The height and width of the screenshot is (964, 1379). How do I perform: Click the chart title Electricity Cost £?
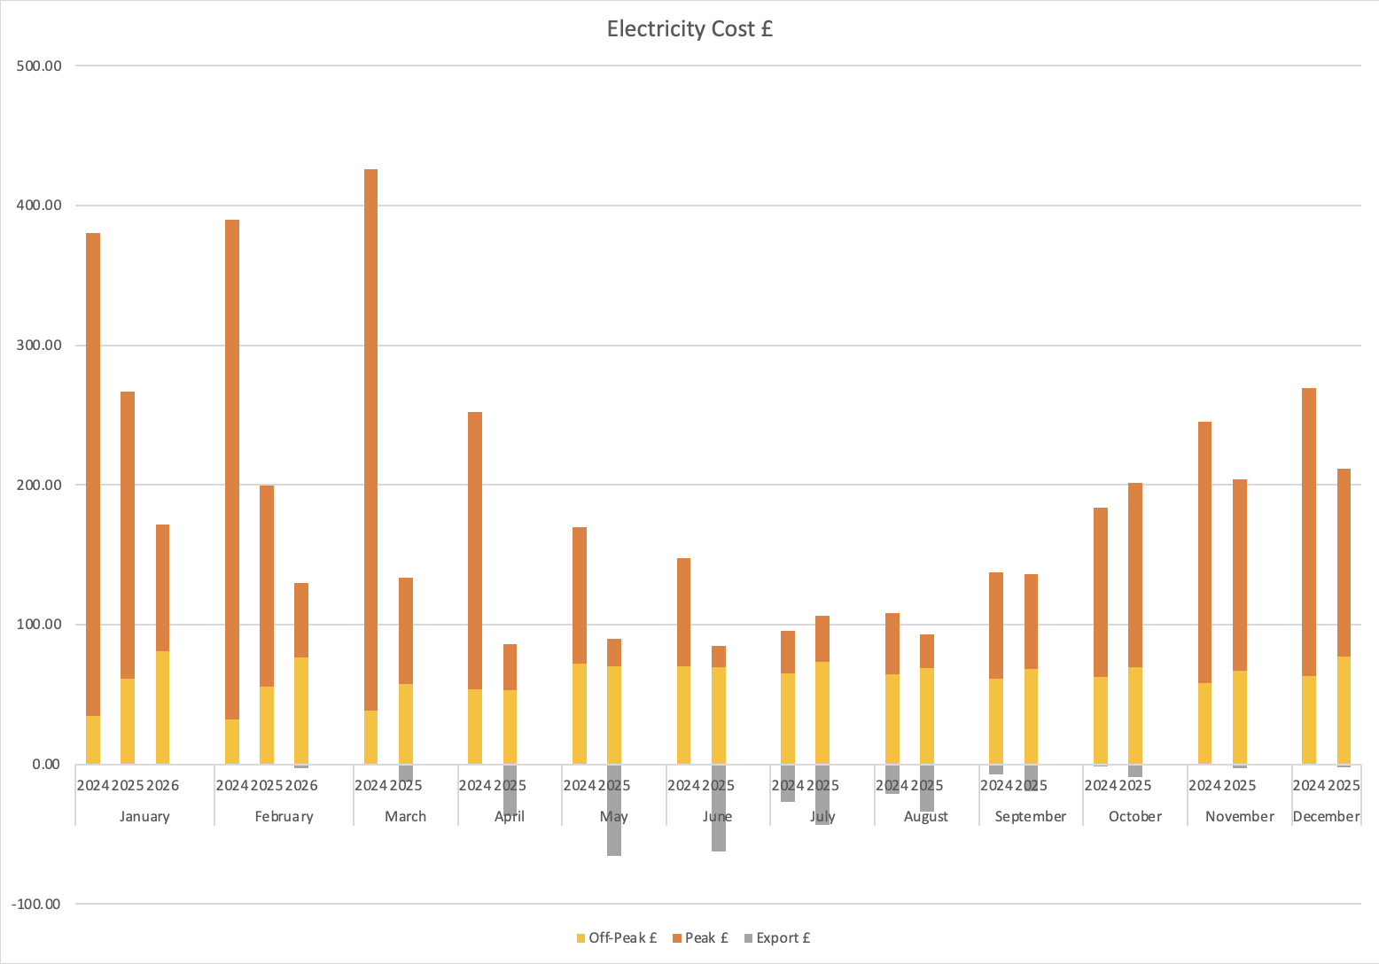pyautogui.click(x=689, y=29)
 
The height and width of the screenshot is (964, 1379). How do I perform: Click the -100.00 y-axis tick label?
pyautogui.click(x=35, y=904)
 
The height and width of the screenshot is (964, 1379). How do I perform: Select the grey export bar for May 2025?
pyautogui.click(x=614, y=810)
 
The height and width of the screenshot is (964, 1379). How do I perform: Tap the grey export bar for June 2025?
pyautogui.click(x=718, y=807)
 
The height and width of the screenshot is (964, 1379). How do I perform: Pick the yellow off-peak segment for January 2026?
pyautogui.click(x=162, y=707)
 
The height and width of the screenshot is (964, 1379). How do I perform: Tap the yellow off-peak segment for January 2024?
pyautogui.click(x=93, y=740)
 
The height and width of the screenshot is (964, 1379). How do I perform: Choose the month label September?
pyautogui.click(x=1031, y=816)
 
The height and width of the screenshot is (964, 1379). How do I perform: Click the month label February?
pyautogui.click(x=284, y=816)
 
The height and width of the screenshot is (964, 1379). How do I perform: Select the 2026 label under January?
pyautogui.click(x=162, y=785)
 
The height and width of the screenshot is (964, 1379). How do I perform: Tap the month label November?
pyautogui.click(x=1239, y=816)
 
